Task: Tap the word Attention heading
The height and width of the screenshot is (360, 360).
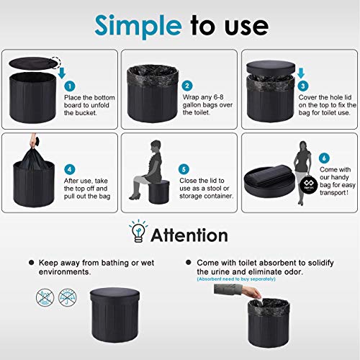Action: (189, 235)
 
